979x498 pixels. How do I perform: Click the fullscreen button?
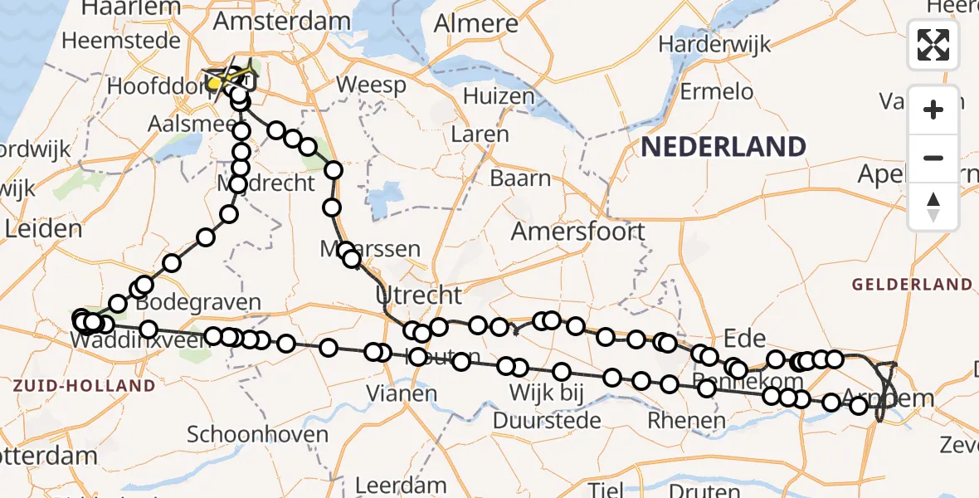(933, 45)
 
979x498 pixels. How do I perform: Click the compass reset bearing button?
(933, 207)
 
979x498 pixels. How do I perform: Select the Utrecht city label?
(418, 295)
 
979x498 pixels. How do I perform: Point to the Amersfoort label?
(577, 231)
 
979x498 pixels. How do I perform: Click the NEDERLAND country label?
(723, 147)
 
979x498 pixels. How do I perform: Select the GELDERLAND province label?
(912, 285)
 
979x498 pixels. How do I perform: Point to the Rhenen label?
(686, 420)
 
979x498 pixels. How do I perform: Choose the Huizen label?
(499, 95)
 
